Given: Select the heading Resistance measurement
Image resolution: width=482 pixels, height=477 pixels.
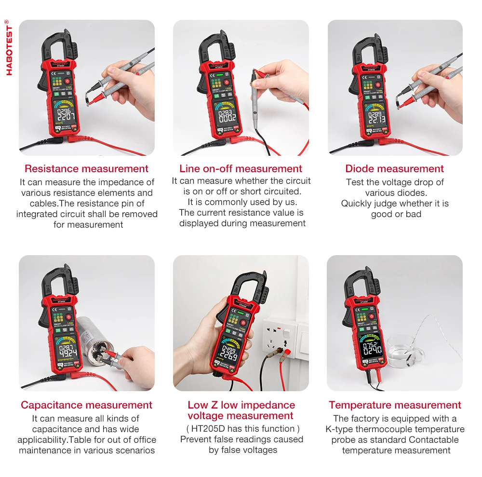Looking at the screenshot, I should pos(86,169).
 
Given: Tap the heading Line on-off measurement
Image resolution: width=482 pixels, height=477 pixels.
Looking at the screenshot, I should pos(241,169).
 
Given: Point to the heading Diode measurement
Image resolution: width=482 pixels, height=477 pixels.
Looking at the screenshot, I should pos(394,169).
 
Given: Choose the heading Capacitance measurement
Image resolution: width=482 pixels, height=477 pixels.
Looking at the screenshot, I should pos(86,405).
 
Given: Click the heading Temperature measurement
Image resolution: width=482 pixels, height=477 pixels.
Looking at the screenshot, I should pos(395,405).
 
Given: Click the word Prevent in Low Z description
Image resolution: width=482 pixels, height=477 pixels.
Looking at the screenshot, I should pos(195,439).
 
